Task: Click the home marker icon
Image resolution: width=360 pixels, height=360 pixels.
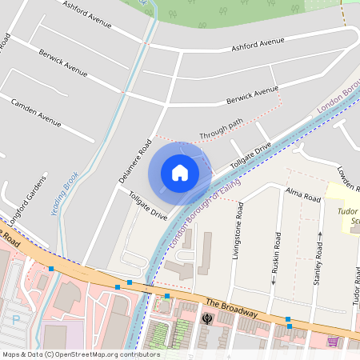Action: [180, 172]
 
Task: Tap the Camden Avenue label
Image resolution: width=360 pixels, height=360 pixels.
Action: [35, 113]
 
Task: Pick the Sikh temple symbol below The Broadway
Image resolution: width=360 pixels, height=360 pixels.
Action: [207, 319]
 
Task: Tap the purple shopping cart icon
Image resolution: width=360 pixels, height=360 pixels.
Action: [333, 342]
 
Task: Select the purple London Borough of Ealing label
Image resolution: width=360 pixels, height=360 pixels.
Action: [194, 216]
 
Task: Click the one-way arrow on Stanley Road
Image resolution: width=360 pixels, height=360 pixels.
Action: [320, 235]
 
